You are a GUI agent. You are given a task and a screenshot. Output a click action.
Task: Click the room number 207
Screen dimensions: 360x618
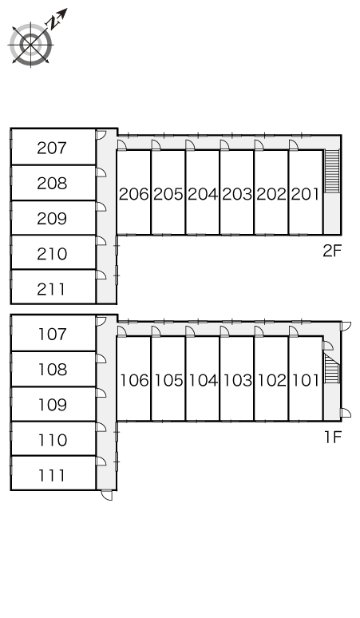click(x=52, y=148)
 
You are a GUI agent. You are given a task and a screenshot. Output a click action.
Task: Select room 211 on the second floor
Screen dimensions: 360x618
click(x=53, y=287)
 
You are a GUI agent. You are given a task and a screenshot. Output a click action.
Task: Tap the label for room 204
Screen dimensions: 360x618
click(x=203, y=194)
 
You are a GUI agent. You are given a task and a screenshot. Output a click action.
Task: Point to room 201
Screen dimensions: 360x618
click(x=306, y=192)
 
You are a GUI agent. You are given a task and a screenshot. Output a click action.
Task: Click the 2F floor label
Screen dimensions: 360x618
click(x=331, y=251)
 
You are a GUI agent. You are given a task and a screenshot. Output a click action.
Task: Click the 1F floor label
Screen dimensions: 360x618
click(x=332, y=437)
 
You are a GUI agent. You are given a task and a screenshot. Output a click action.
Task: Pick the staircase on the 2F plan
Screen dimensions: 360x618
click(x=331, y=171)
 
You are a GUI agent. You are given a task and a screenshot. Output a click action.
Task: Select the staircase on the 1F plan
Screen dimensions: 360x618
click(x=331, y=368)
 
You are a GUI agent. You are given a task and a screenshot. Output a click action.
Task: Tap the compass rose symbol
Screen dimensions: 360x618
click(x=30, y=44)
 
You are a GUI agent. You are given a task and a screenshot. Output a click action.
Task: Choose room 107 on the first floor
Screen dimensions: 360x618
click(x=53, y=334)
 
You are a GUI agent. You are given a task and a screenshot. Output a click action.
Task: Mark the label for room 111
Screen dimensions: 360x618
click(x=52, y=475)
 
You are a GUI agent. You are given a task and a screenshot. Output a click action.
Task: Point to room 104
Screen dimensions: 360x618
click(x=203, y=378)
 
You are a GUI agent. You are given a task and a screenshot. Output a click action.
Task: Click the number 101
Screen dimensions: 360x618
click(x=306, y=380)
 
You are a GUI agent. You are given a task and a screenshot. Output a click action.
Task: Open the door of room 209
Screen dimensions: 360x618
click(x=101, y=207)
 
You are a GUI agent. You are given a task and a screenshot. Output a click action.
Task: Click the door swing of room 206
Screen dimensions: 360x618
click(x=121, y=145)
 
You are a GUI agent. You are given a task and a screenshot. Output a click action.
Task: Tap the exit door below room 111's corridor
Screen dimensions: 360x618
click(x=106, y=495)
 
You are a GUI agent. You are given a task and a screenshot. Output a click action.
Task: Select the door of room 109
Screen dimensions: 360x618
click(x=101, y=393)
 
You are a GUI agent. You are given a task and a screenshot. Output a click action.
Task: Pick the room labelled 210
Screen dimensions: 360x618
click(x=53, y=252)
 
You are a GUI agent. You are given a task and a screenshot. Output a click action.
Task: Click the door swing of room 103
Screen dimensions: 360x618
click(x=225, y=331)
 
